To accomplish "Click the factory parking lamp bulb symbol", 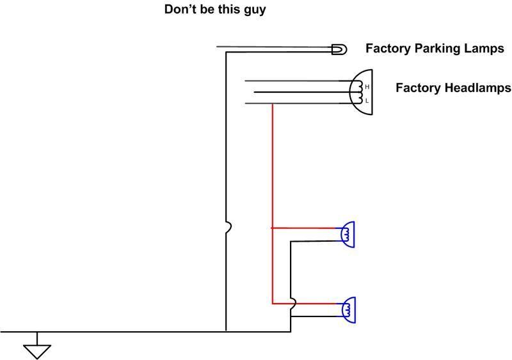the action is coord(339,49).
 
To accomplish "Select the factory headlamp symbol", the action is coord(361,92).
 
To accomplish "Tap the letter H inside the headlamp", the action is coord(367,87).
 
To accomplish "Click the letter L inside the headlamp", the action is coord(367,101).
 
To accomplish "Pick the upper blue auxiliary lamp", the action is coord(348,234).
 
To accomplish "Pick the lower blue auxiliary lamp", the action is coord(348,309).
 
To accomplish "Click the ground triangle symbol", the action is coord(37,352).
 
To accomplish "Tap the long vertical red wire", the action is coord(273,203).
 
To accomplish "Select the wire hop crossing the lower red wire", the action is coord(293,304).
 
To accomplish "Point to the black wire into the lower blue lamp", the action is coord(316,317).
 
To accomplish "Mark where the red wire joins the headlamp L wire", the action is coord(273,104).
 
